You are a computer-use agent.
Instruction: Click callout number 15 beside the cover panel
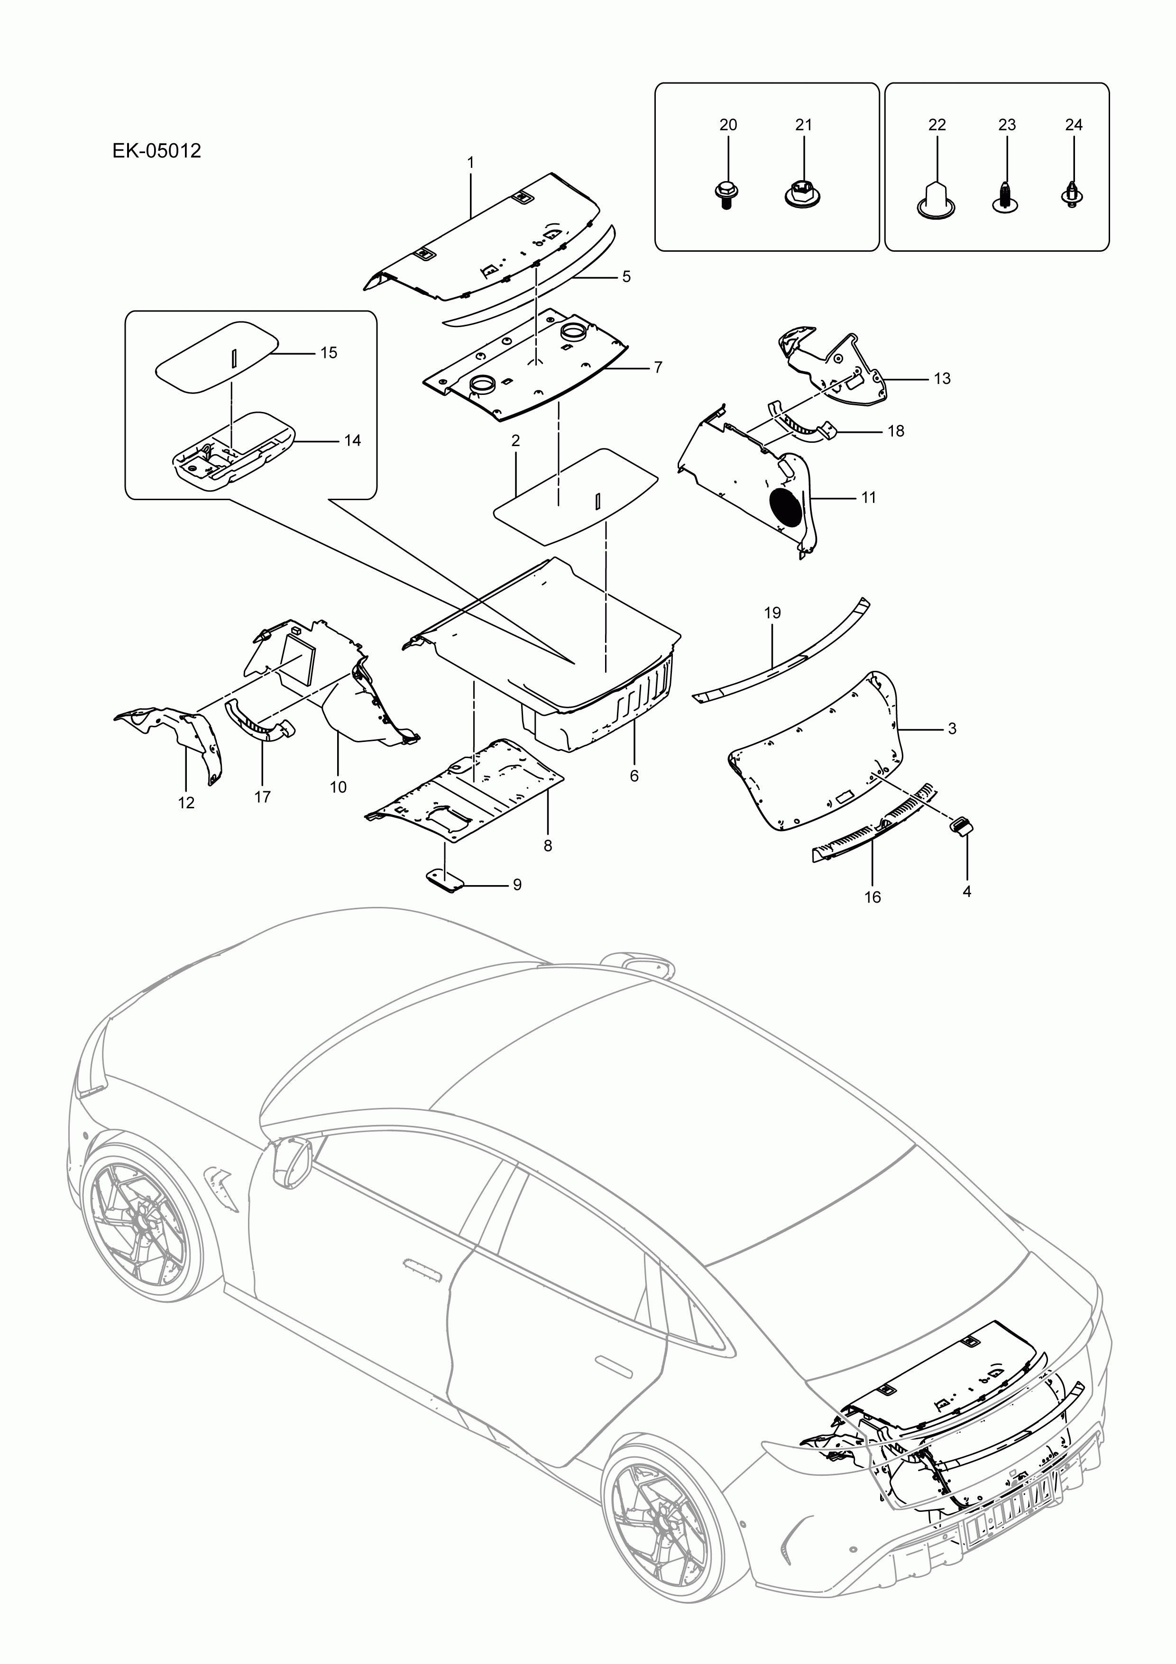click(329, 353)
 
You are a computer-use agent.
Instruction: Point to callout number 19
click(772, 613)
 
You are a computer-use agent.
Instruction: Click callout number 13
click(941, 378)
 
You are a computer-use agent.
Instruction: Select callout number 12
click(186, 803)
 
